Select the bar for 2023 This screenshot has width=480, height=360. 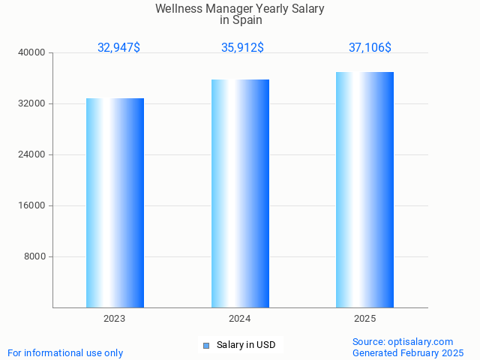tap(115, 202)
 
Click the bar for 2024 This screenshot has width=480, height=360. tap(240, 193)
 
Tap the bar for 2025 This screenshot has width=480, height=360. tap(364, 190)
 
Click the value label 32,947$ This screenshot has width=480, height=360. tap(118, 47)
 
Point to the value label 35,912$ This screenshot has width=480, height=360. tap(242, 47)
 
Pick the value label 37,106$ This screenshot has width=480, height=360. tap(370, 47)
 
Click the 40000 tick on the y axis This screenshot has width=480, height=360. tap(31, 52)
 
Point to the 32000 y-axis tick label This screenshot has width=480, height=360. tap(31, 103)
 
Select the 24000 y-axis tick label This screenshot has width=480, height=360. tap(31, 154)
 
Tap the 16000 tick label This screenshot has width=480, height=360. tap(31, 205)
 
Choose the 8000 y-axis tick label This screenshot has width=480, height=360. tap(34, 256)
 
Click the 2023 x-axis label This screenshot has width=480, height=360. tap(115, 319)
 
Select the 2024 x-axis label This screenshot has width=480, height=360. tap(240, 319)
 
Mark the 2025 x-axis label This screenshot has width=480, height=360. tap(364, 319)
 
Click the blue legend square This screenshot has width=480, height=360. tap(206, 346)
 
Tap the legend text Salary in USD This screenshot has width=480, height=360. tap(246, 345)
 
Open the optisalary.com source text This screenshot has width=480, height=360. tap(403, 341)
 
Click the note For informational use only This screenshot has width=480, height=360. tap(65, 352)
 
